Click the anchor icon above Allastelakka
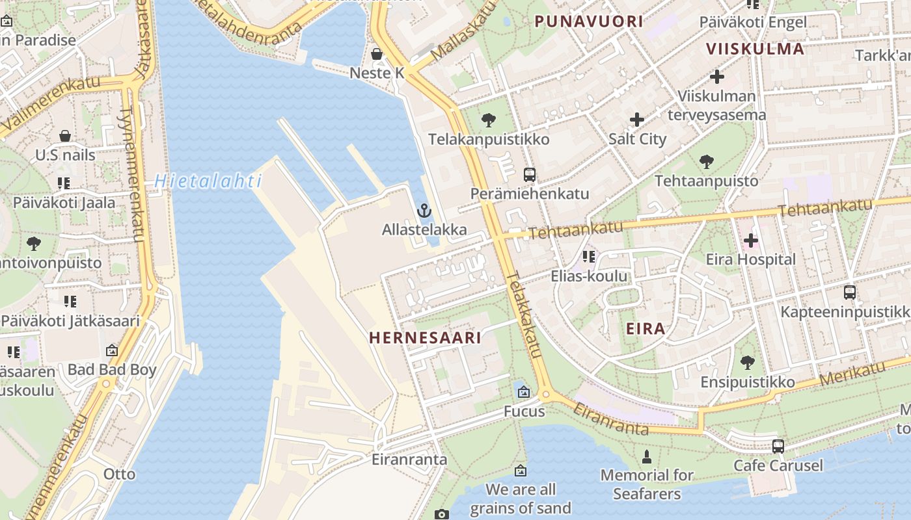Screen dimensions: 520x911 pos(424,211)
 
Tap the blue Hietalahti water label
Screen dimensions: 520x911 pos(208,181)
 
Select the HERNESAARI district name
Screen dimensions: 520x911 pos(425,337)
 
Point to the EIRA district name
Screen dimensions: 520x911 pos(646,328)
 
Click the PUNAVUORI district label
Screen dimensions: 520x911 pos(589,21)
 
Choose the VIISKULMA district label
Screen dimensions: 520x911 pos(755,49)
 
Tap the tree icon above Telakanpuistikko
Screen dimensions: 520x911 pos(488,120)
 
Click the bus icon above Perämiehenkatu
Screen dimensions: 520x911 pos(530,174)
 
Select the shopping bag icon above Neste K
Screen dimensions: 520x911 pos(377,54)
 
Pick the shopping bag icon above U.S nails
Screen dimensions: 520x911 pos(65,136)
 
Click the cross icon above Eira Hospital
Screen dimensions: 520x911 pos(750,240)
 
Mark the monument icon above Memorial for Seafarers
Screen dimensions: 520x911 pos(647,457)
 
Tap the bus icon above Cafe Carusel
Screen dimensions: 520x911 pos(778,447)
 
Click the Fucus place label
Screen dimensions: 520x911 pos(524,411)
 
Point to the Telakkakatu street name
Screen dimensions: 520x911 pos(524,315)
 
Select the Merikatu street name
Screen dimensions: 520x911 pos(852,373)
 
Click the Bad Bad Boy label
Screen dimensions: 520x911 pos(112,370)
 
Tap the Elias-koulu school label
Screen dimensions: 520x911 pos(589,276)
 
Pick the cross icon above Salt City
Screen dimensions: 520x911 pos(637,120)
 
